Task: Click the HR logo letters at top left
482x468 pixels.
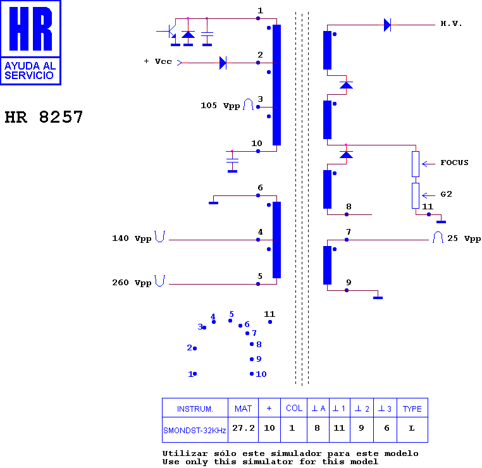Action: pyautogui.click(x=31, y=28)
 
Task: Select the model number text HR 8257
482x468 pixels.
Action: pyautogui.click(x=44, y=117)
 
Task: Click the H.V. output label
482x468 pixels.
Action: pyautogui.click(x=451, y=23)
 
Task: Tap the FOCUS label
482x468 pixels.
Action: pyautogui.click(x=454, y=163)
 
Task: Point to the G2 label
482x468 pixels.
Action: pyautogui.click(x=447, y=194)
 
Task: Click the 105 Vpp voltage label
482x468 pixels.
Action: pyautogui.click(x=220, y=106)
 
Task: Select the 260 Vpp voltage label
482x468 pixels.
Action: pyautogui.click(x=132, y=283)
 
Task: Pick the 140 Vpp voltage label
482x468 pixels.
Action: pyautogui.click(x=132, y=238)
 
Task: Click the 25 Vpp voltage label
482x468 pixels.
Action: pyautogui.click(x=464, y=238)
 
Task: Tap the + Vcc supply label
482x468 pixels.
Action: pyautogui.click(x=158, y=61)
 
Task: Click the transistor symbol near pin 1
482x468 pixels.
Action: pyautogui.click(x=170, y=32)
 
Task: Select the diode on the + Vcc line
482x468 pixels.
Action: pyautogui.click(x=223, y=63)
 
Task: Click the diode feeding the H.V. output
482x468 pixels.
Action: pyautogui.click(x=387, y=25)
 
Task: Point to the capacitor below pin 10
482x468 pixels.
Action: pyautogui.click(x=232, y=161)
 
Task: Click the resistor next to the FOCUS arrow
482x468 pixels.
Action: pyautogui.click(x=416, y=164)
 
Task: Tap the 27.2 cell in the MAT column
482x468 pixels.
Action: pyautogui.click(x=244, y=428)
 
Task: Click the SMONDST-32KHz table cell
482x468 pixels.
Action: pyautogui.click(x=195, y=431)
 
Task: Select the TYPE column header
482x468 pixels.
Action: pyautogui.click(x=412, y=409)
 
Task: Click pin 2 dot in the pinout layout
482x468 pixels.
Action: pyautogui.click(x=195, y=348)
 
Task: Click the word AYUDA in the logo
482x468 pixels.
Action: pyautogui.click(x=22, y=66)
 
